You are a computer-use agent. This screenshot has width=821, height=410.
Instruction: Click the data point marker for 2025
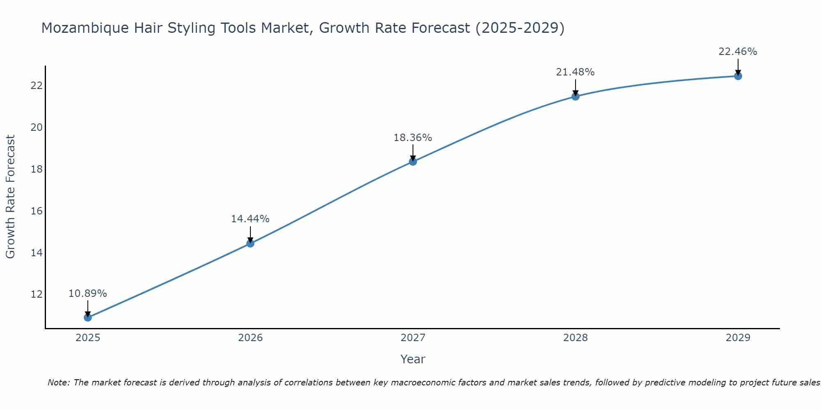[x=88, y=317]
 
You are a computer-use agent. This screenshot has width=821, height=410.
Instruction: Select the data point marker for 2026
[x=250, y=244]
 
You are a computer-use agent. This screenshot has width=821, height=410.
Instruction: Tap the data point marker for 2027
[x=413, y=162]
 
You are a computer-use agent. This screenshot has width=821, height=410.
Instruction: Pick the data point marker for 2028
[x=576, y=96]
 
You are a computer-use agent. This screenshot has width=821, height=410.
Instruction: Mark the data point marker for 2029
[x=738, y=76]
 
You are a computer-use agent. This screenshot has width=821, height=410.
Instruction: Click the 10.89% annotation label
[x=87, y=294]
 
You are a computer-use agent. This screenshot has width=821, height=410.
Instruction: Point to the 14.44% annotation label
[x=250, y=219]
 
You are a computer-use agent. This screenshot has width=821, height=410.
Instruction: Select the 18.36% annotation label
[x=413, y=138]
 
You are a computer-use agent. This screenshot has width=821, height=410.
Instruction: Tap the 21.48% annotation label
[x=575, y=72]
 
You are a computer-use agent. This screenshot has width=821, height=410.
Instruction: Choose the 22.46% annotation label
[x=738, y=52]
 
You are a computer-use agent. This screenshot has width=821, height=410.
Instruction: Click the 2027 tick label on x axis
[x=413, y=338]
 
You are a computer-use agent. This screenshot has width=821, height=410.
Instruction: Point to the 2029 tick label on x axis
[x=738, y=338]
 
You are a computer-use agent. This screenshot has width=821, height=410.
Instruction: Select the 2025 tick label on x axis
[x=88, y=338]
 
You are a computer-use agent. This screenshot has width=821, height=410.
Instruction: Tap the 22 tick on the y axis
[x=37, y=86]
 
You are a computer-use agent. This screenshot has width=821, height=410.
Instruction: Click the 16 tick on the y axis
[x=37, y=211]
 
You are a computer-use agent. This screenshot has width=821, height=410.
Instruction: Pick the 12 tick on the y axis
[x=37, y=294]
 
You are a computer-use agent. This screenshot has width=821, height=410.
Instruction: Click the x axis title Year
[x=413, y=359]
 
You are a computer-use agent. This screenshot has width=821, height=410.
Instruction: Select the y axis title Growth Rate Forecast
[x=10, y=197]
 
